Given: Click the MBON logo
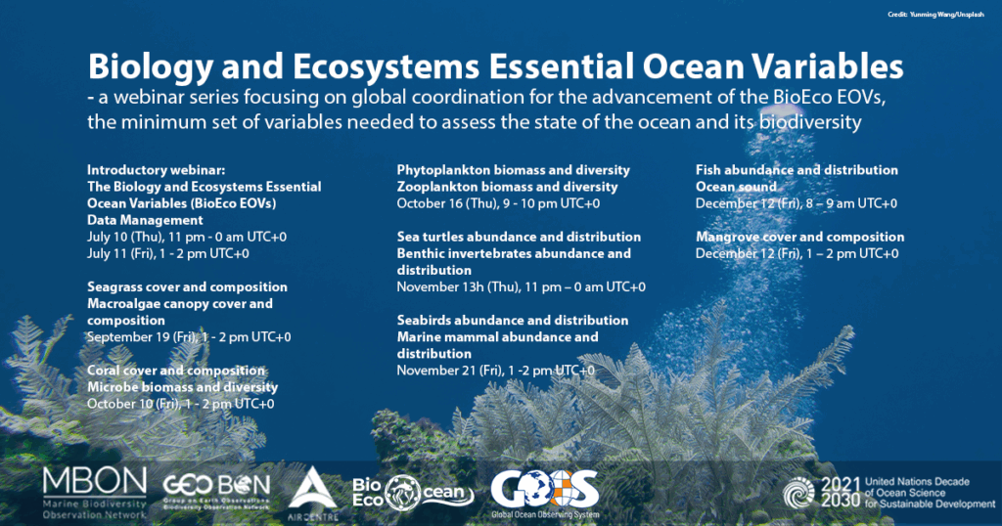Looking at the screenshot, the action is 95,493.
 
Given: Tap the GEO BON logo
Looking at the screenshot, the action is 216,492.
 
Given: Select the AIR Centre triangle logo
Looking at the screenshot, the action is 312,494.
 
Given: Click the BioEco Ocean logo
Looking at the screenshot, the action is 413,493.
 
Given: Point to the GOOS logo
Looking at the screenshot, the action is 545,494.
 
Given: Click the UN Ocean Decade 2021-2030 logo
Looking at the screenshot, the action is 888,493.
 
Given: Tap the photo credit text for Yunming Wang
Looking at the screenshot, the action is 935,14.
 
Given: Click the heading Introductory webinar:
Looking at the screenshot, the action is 156,170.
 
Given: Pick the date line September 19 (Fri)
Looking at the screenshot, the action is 189,336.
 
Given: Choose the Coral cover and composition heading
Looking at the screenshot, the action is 176,371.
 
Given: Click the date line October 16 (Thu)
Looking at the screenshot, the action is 498,203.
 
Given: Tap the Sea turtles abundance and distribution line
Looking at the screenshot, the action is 519,237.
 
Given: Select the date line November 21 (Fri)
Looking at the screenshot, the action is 495,371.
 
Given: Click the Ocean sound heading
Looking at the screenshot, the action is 736,187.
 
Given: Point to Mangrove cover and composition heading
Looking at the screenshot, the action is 799,237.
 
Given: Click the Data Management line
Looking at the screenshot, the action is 145,220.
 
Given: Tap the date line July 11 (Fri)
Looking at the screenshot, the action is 168,253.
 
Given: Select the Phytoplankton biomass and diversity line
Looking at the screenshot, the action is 513,170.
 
